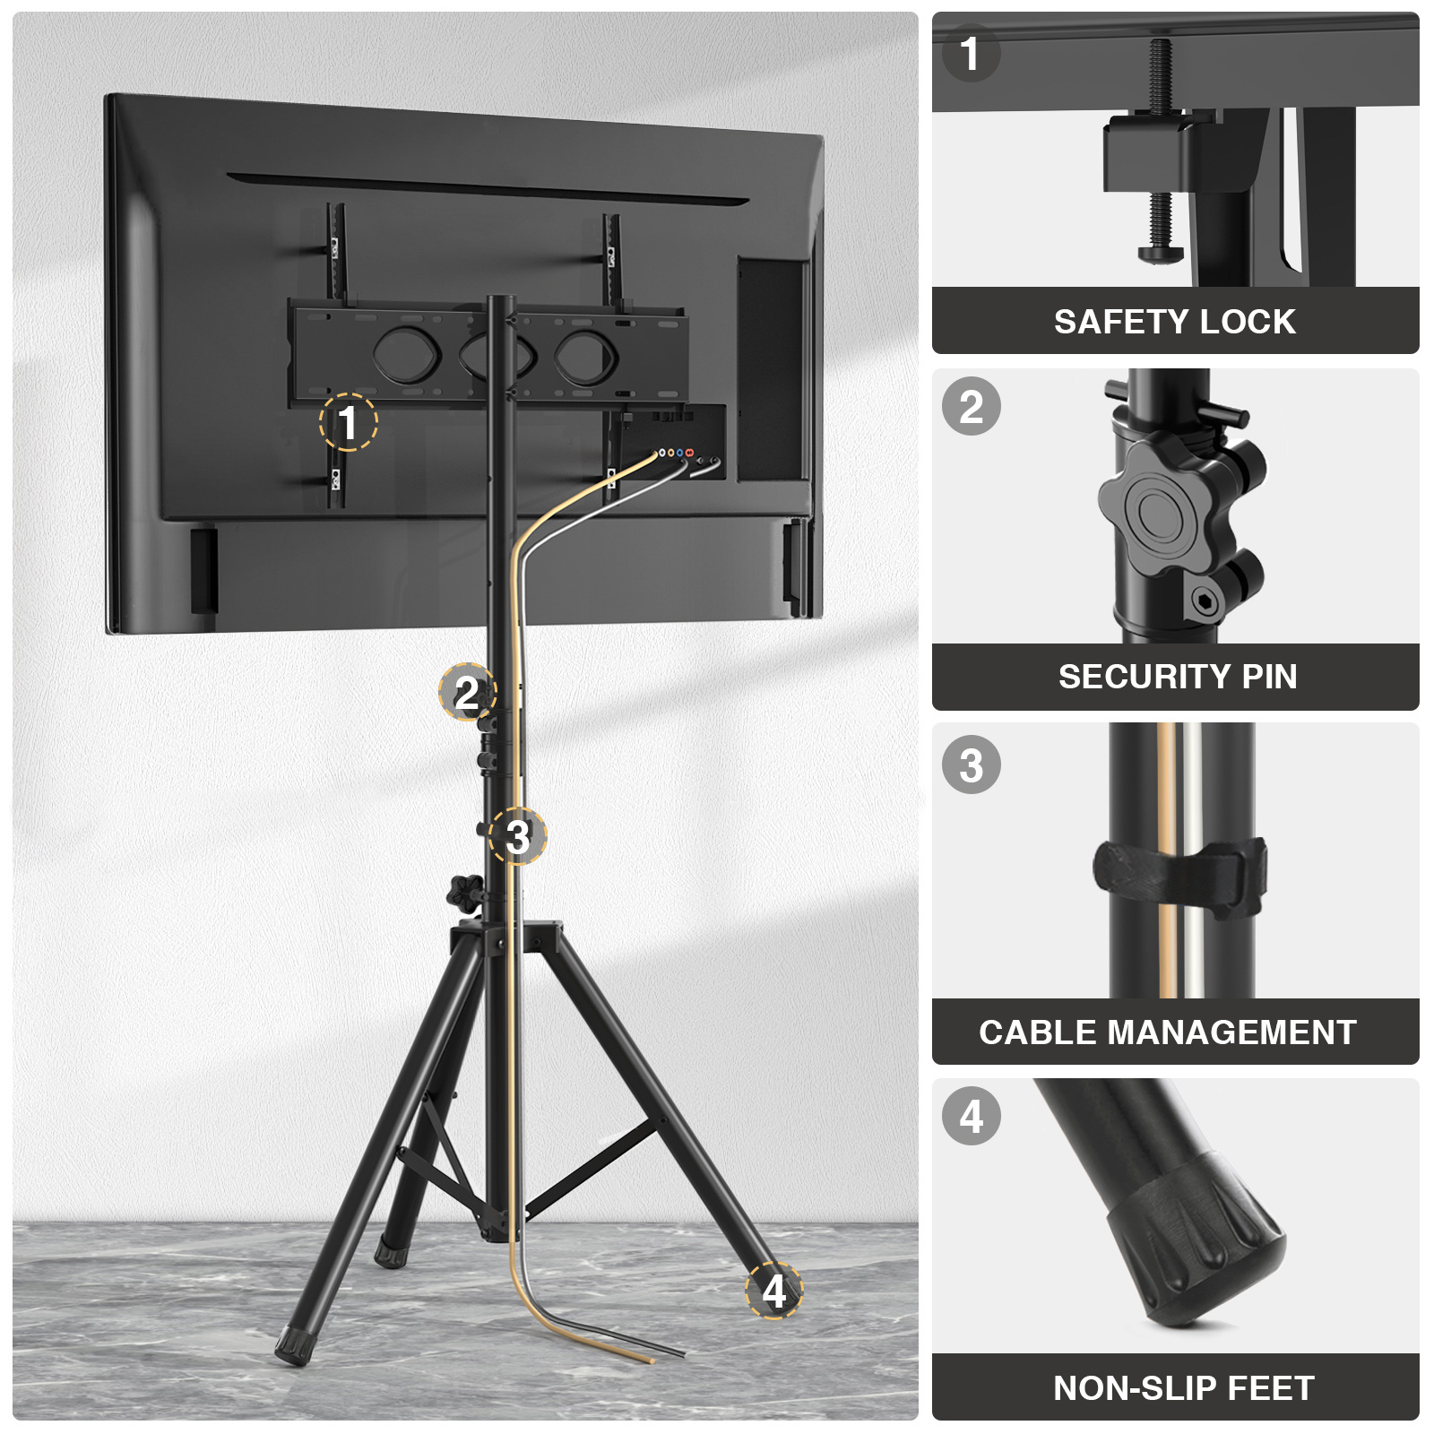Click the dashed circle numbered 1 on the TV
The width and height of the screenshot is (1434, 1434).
348,422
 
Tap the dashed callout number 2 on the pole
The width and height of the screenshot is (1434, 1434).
467,692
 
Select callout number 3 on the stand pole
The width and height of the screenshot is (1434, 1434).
518,836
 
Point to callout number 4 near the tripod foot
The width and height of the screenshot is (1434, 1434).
774,1291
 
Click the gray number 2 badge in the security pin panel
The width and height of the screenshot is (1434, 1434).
972,407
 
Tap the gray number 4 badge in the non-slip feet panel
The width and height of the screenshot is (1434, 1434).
972,1116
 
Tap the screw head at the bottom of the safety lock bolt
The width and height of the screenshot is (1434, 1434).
1161,255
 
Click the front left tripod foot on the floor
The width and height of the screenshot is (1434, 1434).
291,1344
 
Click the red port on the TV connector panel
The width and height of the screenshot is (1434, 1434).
689,454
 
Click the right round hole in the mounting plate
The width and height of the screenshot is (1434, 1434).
586,356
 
